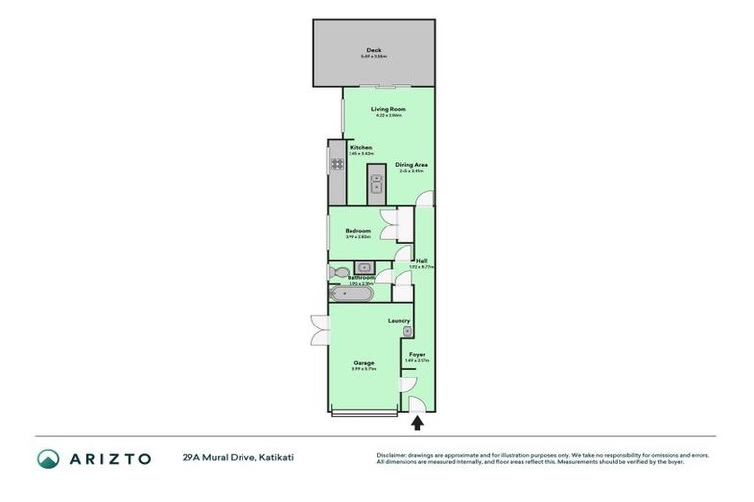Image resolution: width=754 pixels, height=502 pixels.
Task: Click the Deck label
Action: [373, 50]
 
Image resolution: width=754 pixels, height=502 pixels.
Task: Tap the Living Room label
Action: [388, 109]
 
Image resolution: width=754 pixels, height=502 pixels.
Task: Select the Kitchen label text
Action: [361, 147]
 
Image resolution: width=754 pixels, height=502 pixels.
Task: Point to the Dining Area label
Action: [410, 164]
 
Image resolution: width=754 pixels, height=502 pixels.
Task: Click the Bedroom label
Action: [357, 230]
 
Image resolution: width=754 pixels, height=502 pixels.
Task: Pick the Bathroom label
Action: [361, 278]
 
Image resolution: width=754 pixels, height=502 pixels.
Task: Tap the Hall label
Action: [421, 260]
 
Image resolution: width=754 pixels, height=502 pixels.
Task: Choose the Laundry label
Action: [399, 320]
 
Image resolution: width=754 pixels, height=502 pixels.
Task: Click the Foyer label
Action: [417, 353]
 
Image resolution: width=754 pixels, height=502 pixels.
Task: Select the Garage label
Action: [363, 362]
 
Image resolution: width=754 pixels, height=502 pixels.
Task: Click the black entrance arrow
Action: [417, 424]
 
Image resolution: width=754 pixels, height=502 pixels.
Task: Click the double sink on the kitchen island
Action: [376, 184]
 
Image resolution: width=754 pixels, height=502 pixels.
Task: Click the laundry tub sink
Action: [407, 331]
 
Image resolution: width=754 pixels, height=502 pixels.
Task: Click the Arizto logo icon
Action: [48, 458]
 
